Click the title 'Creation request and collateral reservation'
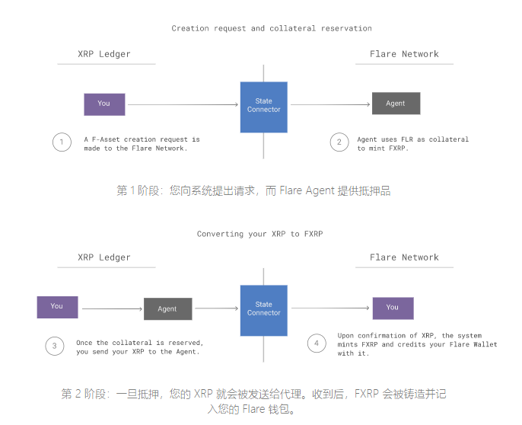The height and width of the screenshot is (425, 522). click(271, 28)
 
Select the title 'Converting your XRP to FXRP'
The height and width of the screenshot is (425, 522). click(259, 234)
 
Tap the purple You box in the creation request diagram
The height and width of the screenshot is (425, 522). click(103, 104)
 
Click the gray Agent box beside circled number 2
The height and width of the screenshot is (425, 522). click(396, 104)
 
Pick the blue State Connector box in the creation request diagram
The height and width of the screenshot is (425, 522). click(263, 105)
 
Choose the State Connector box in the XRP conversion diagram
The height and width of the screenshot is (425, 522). click(263, 308)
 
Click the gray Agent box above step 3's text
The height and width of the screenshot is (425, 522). click(167, 308)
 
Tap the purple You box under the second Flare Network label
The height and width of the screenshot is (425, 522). click(392, 308)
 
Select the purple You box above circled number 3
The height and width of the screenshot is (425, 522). click(57, 307)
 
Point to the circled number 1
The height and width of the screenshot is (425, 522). click(61, 142)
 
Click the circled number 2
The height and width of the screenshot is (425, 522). click(339, 142)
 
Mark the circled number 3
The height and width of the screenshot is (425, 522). click(55, 346)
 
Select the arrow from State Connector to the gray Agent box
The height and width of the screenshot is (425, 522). click(330, 104)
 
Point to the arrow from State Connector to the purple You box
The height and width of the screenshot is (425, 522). click(330, 308)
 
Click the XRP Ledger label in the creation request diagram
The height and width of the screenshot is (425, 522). click(104, 54)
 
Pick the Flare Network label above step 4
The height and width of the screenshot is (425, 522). click(404, 257)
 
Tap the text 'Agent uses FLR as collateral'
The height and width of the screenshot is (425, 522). click(412, 139)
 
